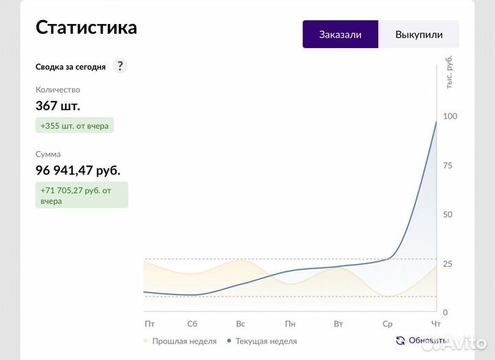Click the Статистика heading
(86, 27)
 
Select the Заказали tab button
(340, 34)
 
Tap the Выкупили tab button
(419, 34)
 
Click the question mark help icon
(120, 66)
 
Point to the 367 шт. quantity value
(58, 106)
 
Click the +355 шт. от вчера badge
(75, 125)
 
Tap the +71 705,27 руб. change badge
(82, 195)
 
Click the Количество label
(58, 89)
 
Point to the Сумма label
(48, 154)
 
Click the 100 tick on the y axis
(450, 116)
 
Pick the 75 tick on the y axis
(448, 165)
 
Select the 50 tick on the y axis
(448, 214)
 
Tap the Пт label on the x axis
(150, 323)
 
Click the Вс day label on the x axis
(241, 323)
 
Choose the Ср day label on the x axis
(388, 323)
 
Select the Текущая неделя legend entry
(265, 341)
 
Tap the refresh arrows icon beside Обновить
(400, 340)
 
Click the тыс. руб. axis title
(450, 72)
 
